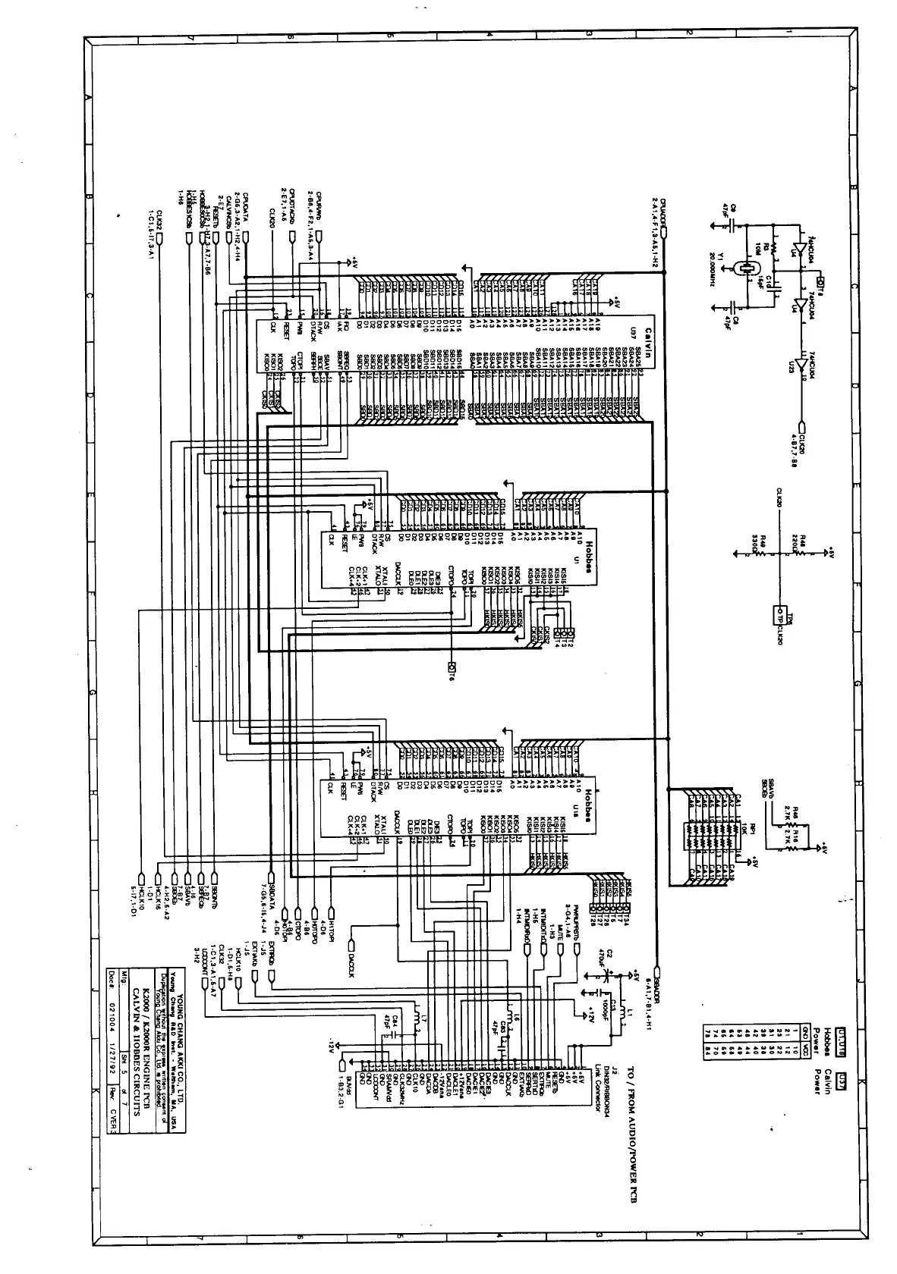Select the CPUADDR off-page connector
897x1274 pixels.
point(663,231)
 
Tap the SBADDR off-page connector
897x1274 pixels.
point(657,971)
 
